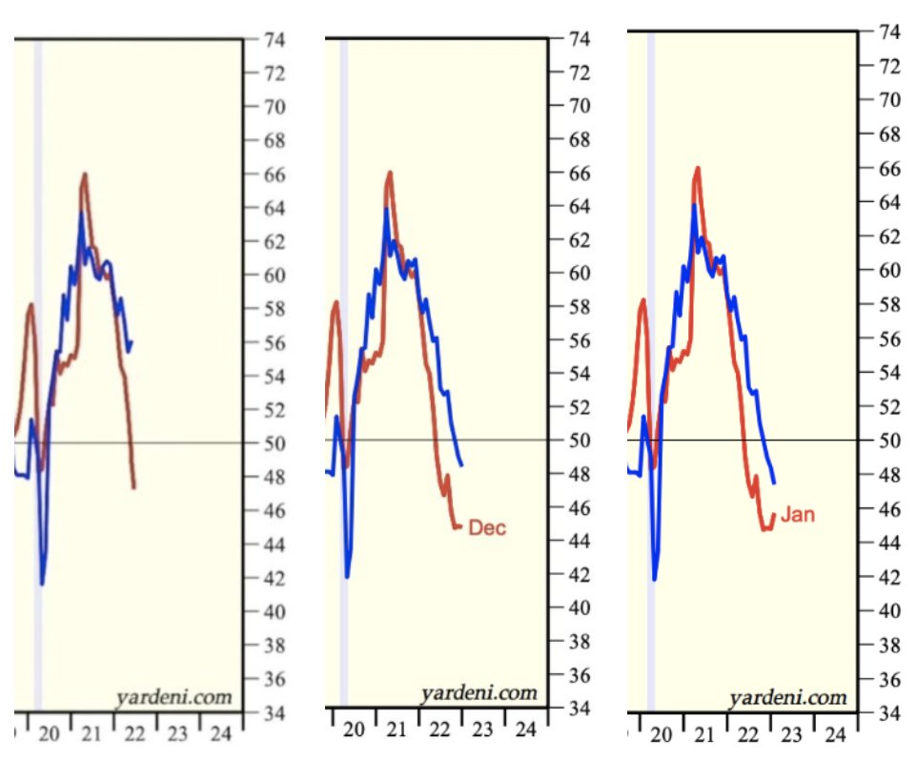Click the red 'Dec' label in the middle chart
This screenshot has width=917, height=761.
(x=487, y=528)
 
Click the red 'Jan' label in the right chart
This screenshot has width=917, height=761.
(x=798, y=516)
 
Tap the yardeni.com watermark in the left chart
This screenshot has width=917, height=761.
(x=173, y=697)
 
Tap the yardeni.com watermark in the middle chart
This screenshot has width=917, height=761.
(x=479, y=693)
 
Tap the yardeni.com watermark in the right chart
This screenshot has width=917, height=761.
(x=787, y=698)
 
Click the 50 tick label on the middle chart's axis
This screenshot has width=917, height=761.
(x=578, y=441)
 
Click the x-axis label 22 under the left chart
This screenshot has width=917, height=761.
(x=134, y=734)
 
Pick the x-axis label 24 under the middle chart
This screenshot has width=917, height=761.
(x=525, y=730)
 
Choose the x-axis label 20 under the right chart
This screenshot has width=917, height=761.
(x=661, y=735)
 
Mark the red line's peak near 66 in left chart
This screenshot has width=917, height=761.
(x=85, y=174)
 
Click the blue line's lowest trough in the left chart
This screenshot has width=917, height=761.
(x=42, y=583)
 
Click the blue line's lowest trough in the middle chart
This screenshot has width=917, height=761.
(x=348, y=576)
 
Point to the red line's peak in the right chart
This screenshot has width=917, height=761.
(x=698, y=168)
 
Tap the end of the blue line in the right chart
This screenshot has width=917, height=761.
(x=774, y=483)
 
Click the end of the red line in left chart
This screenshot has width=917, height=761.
(x=134, y=487)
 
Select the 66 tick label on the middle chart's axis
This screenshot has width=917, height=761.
(x=578, y=174)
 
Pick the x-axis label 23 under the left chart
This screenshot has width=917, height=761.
(x=177, y=734)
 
